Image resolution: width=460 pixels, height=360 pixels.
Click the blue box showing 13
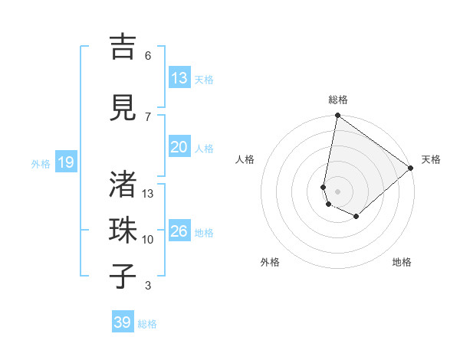coord(179,78)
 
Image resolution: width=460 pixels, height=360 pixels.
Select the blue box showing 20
coord(179,147)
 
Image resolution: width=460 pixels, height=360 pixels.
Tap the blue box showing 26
coord(179,231)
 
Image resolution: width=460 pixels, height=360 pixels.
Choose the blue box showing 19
coord(65,162)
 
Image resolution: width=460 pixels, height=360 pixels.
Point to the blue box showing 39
coord(122,322)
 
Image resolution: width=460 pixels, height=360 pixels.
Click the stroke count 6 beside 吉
coord(147,55)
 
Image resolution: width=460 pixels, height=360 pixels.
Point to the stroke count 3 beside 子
coord(147,286)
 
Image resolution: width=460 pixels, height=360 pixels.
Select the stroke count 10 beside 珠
coord(148,240)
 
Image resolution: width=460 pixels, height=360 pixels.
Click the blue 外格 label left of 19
coord(41,163)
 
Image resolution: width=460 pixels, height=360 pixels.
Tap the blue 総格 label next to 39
coord(147,324)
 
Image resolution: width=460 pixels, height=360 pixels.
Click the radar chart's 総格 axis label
coord(337,100)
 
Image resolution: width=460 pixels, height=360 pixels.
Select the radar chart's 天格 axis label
coord(431,159)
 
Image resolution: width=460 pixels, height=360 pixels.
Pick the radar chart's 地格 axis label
coord(402,262)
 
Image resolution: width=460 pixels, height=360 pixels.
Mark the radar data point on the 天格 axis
coord(411,168)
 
